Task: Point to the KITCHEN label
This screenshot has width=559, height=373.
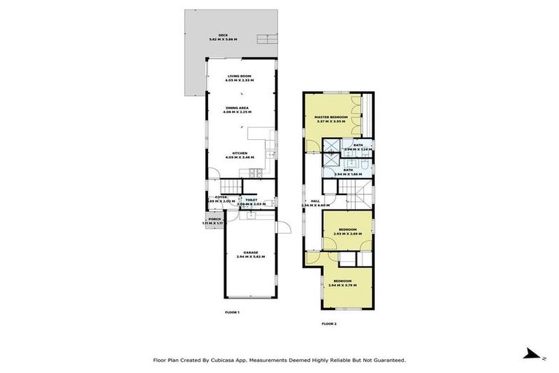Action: coord(239,153)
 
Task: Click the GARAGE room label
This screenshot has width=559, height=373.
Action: coord(250,253)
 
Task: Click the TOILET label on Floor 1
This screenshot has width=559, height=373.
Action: coord(252,200)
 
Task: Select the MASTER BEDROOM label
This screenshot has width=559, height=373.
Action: coord(330,117)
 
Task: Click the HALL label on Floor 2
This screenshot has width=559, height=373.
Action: coord(315,201)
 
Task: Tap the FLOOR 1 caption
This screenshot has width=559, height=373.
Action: coord(232,312)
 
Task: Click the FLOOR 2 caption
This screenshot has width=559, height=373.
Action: coord(330,323)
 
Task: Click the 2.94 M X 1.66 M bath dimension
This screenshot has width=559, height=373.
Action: coord(348,174)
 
